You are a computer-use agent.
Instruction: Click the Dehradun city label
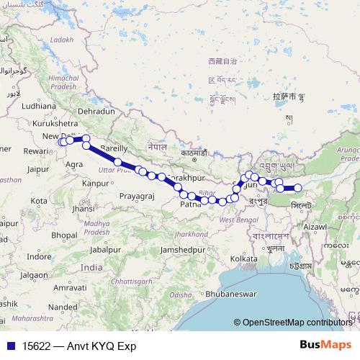click(97, 112)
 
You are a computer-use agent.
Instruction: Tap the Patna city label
click(189, 204)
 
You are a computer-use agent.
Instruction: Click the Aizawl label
click(316, 227)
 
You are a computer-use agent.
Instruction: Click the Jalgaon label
click(30, 274)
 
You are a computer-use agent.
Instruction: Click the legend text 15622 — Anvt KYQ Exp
click(78, 346)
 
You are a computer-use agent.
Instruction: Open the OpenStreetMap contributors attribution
click(300, 323)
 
